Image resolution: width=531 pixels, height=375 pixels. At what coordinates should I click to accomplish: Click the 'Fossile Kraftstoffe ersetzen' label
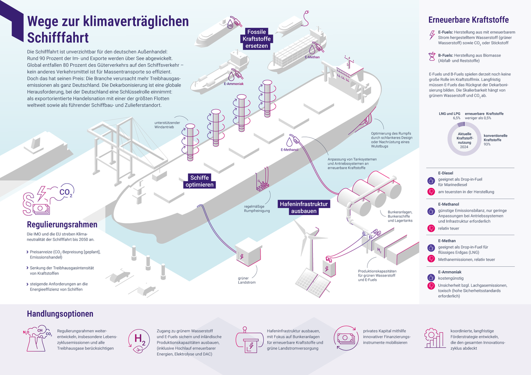[257, 39]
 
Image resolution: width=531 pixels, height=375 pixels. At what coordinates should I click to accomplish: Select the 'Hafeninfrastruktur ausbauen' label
[304, 208]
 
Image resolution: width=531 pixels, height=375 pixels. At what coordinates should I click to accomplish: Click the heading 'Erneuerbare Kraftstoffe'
[468, 20]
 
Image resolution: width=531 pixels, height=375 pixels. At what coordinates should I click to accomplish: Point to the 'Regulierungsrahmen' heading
[62, 224]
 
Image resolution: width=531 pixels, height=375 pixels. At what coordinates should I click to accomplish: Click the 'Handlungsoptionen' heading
[60, 314]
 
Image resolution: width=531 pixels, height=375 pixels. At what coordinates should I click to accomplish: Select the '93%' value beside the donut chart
[487, 144]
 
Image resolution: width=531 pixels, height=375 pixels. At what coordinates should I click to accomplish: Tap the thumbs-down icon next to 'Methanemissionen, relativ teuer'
[432, 259]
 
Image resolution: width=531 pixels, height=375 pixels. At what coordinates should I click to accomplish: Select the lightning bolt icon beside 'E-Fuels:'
[432, 35]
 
